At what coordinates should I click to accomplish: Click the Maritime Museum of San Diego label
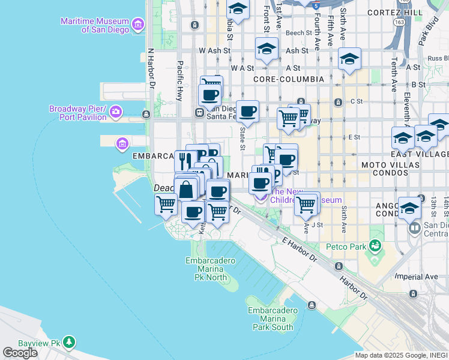[x=95, y=25]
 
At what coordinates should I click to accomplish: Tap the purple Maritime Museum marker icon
[x=139, y=25]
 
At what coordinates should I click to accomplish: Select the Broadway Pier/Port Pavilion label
[x=77, y=112]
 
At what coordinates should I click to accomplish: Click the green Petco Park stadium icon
[x=375, y=245]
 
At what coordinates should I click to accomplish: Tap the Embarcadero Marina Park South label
[x=273, y=319]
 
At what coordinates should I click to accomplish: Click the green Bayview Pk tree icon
[x=70, y=342]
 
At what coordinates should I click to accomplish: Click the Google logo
[x=20, y=352]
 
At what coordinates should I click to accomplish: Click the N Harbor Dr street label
[x=152, y=70]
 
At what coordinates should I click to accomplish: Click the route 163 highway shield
[x=400, y=22]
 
